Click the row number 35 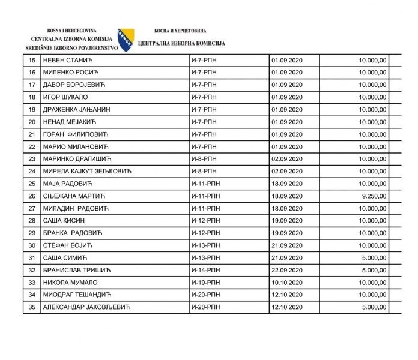click(31, 307)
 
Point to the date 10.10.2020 click(286, 282)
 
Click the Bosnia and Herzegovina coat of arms click(126, 40)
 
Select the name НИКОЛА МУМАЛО click(70, 282)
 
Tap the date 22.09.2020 click(286, 270)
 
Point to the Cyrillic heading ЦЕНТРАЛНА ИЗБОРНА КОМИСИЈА click(181, 44)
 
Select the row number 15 click(31, 60)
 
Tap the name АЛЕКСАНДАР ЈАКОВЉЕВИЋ click(86, 307)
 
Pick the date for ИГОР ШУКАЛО click(286, 97)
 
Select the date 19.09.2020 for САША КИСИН click(286, 220)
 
